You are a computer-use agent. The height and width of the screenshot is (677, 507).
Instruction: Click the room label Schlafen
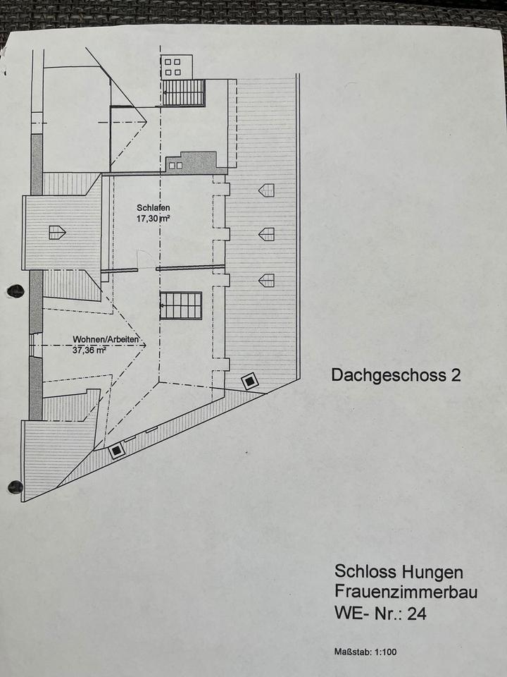tap(154, 208)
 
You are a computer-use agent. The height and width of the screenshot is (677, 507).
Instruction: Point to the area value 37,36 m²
tap(89, 349)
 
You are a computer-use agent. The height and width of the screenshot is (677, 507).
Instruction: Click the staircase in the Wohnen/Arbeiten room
tap(181, 305)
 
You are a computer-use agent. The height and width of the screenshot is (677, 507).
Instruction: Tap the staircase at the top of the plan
tap(184, 92)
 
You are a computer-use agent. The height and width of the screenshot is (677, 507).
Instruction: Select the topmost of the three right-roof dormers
tap(266, 190)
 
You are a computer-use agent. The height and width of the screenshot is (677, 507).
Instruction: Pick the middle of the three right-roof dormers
tap(266, 233)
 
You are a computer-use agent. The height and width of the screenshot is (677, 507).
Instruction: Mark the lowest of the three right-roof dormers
tap(266, 280)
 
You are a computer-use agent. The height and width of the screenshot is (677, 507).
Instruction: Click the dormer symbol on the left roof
tap(57, 231)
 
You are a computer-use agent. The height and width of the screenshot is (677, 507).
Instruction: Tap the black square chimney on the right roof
tap(250, 382)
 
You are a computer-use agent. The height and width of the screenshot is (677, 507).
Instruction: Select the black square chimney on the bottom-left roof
tap(117, 451)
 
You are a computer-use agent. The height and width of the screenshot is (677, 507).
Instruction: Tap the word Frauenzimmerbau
tap(406, 591)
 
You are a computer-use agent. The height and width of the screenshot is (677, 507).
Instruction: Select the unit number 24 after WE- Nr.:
tap(417, 614)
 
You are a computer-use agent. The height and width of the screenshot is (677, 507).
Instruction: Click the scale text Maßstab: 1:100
tap(365, 652)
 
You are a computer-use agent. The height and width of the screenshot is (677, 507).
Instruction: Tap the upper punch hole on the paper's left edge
tap(15, 291)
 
